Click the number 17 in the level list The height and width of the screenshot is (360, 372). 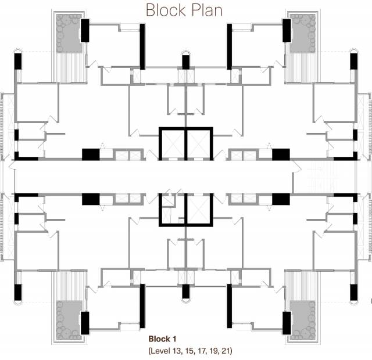201,351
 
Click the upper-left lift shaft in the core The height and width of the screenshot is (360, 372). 173,142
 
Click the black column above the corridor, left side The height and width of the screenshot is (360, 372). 91,154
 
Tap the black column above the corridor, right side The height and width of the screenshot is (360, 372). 281,154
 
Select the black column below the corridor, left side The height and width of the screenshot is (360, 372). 91,199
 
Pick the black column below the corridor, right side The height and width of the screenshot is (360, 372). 281,199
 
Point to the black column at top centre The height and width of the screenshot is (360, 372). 186,62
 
